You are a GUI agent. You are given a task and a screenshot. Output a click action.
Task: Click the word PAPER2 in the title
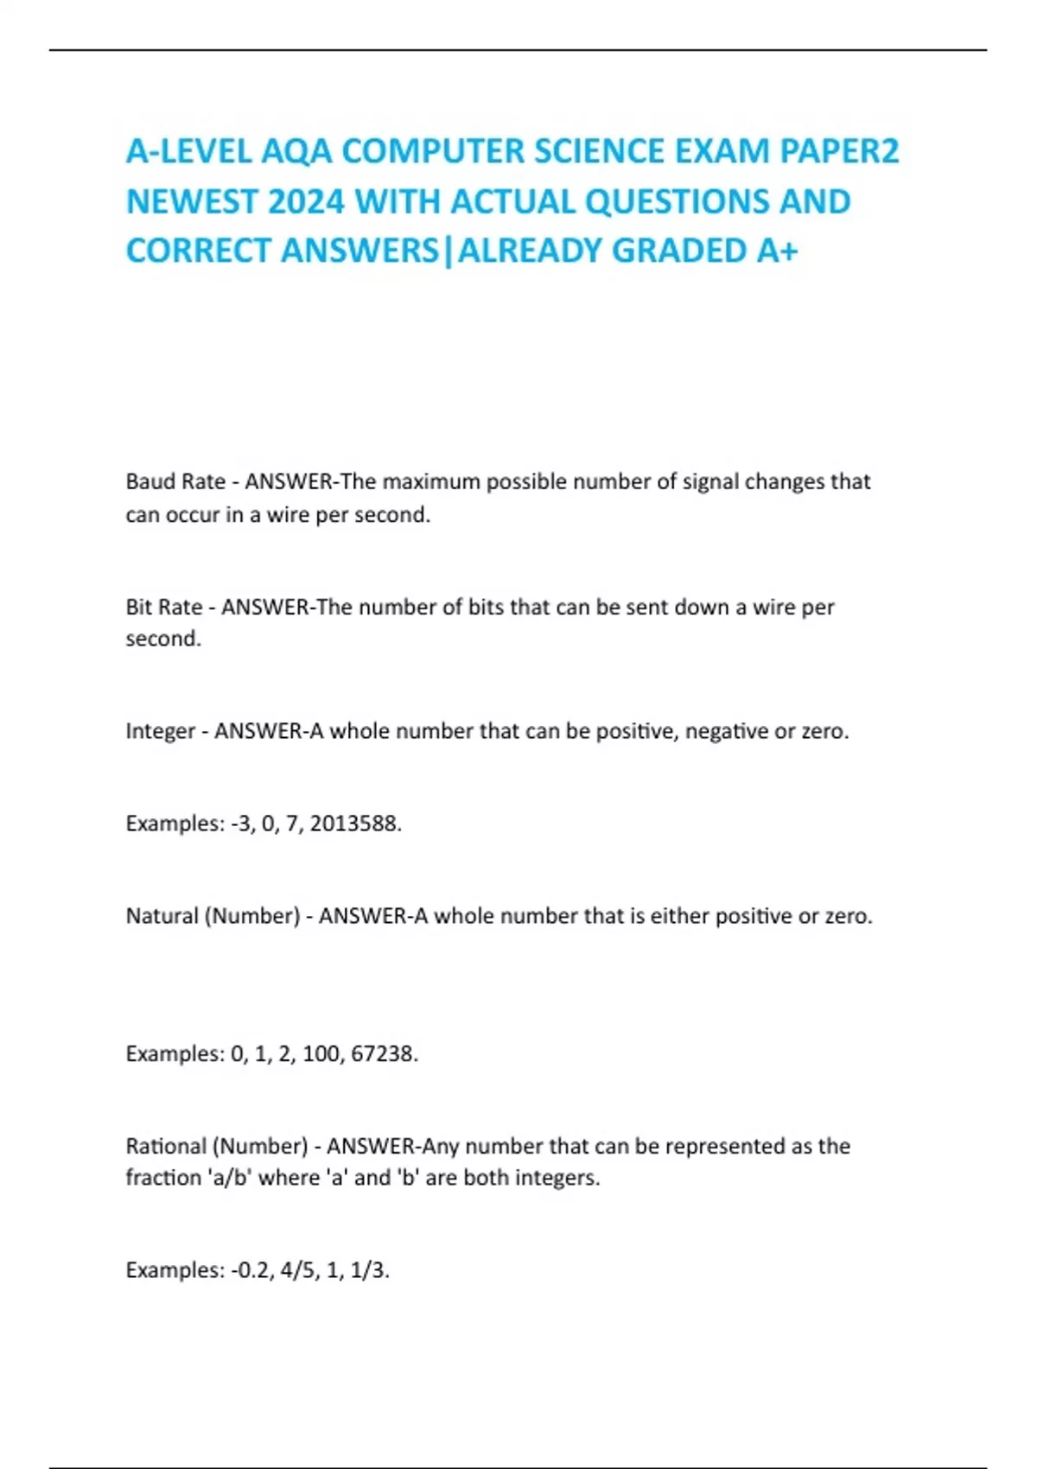839,151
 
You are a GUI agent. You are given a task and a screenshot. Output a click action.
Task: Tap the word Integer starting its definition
160,731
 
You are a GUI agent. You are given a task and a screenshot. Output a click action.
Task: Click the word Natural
162,916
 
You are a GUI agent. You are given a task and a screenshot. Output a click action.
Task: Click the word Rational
165,1147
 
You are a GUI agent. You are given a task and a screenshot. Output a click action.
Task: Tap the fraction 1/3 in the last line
369,1270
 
